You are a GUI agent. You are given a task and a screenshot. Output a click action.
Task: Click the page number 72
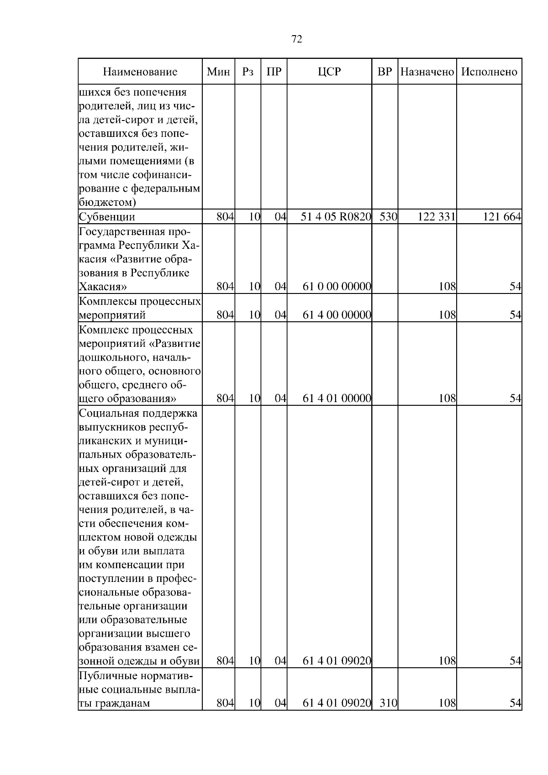(x=296, y=39)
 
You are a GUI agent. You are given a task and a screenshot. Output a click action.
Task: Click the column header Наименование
(x=140, y=72)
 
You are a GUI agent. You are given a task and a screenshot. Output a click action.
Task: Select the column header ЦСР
(x=329, y=72)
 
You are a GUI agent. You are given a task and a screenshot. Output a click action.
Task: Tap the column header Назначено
(x=427, y=72)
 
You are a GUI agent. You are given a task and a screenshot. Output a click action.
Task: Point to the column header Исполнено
(x=489, y=72)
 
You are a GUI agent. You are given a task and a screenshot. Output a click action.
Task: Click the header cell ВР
(x=385, y=72)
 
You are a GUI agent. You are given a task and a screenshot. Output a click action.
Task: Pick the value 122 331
(x=437, y=217)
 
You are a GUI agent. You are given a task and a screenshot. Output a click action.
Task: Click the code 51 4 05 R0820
(x=336, y=217)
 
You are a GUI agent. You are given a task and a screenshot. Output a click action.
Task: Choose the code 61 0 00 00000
(x=337, y=287)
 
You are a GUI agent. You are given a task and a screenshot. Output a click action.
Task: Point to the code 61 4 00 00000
(x=337, y=315)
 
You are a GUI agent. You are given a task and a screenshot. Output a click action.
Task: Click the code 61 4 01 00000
(x=337, y=398)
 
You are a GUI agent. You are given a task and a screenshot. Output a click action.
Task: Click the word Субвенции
(x=107, y=217)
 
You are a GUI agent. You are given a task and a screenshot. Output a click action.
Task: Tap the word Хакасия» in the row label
(x=102, y=287)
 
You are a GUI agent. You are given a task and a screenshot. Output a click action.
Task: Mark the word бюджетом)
(x=107, y=202)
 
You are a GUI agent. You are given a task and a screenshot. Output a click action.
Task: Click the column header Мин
(x=218, y=72)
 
